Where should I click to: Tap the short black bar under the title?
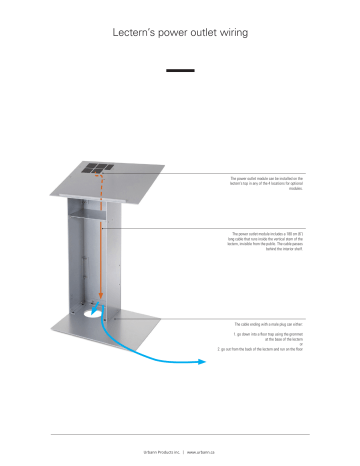pos(179,70)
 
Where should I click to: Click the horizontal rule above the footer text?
pos(180,434)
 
